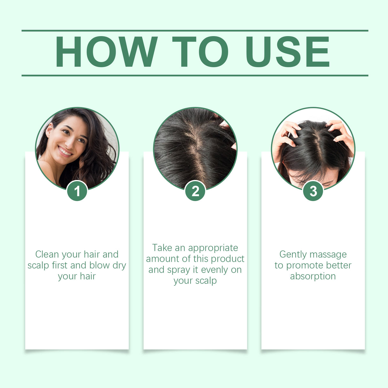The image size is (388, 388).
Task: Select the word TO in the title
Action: [200, 52]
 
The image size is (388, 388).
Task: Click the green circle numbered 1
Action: [77, 191]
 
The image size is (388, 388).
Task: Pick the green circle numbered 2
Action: [195, 191]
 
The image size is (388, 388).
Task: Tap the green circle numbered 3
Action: [313, 191]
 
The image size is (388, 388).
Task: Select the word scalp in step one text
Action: [38, 265]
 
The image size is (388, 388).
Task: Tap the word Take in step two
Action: [162, 248]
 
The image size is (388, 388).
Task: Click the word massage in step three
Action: [330, 255]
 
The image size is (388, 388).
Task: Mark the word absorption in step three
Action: [313, 276]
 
